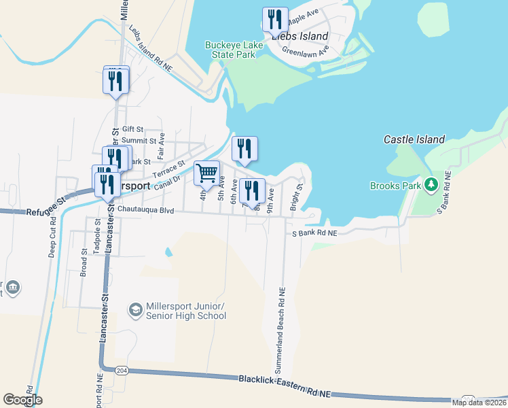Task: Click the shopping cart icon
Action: tap(206, 172)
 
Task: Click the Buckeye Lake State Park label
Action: tap(230, 50)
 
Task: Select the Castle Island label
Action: tap(414, 139)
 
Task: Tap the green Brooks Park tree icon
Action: tap(430, 184)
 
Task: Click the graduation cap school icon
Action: tap(135, 310)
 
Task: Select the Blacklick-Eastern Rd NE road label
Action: tap(284, 386)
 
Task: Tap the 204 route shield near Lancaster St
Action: tap(122, 371)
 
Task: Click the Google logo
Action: tap(22, 400)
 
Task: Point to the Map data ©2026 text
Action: tap(478, 403)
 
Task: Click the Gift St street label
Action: tap(132, 129)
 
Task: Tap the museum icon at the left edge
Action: tap(12, 288)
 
